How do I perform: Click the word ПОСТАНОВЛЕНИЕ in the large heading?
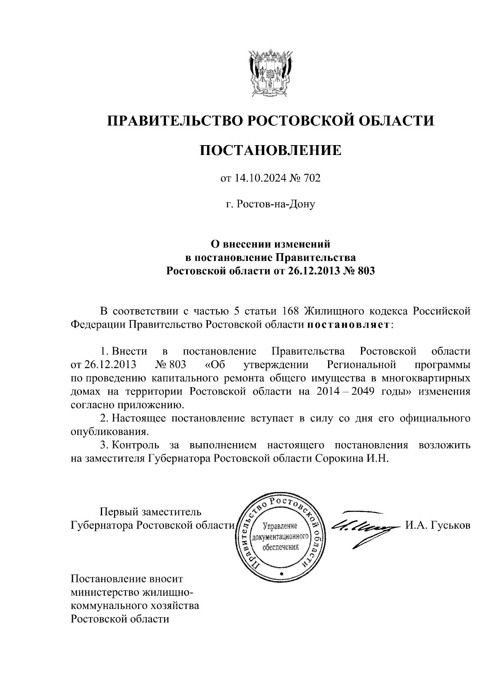tap(271, 150)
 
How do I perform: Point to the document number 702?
tap(311, 178)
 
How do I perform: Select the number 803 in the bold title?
tap(366, 271)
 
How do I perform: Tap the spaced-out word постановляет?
tap(348, 324)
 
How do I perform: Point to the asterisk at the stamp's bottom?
tap(282, 574)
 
